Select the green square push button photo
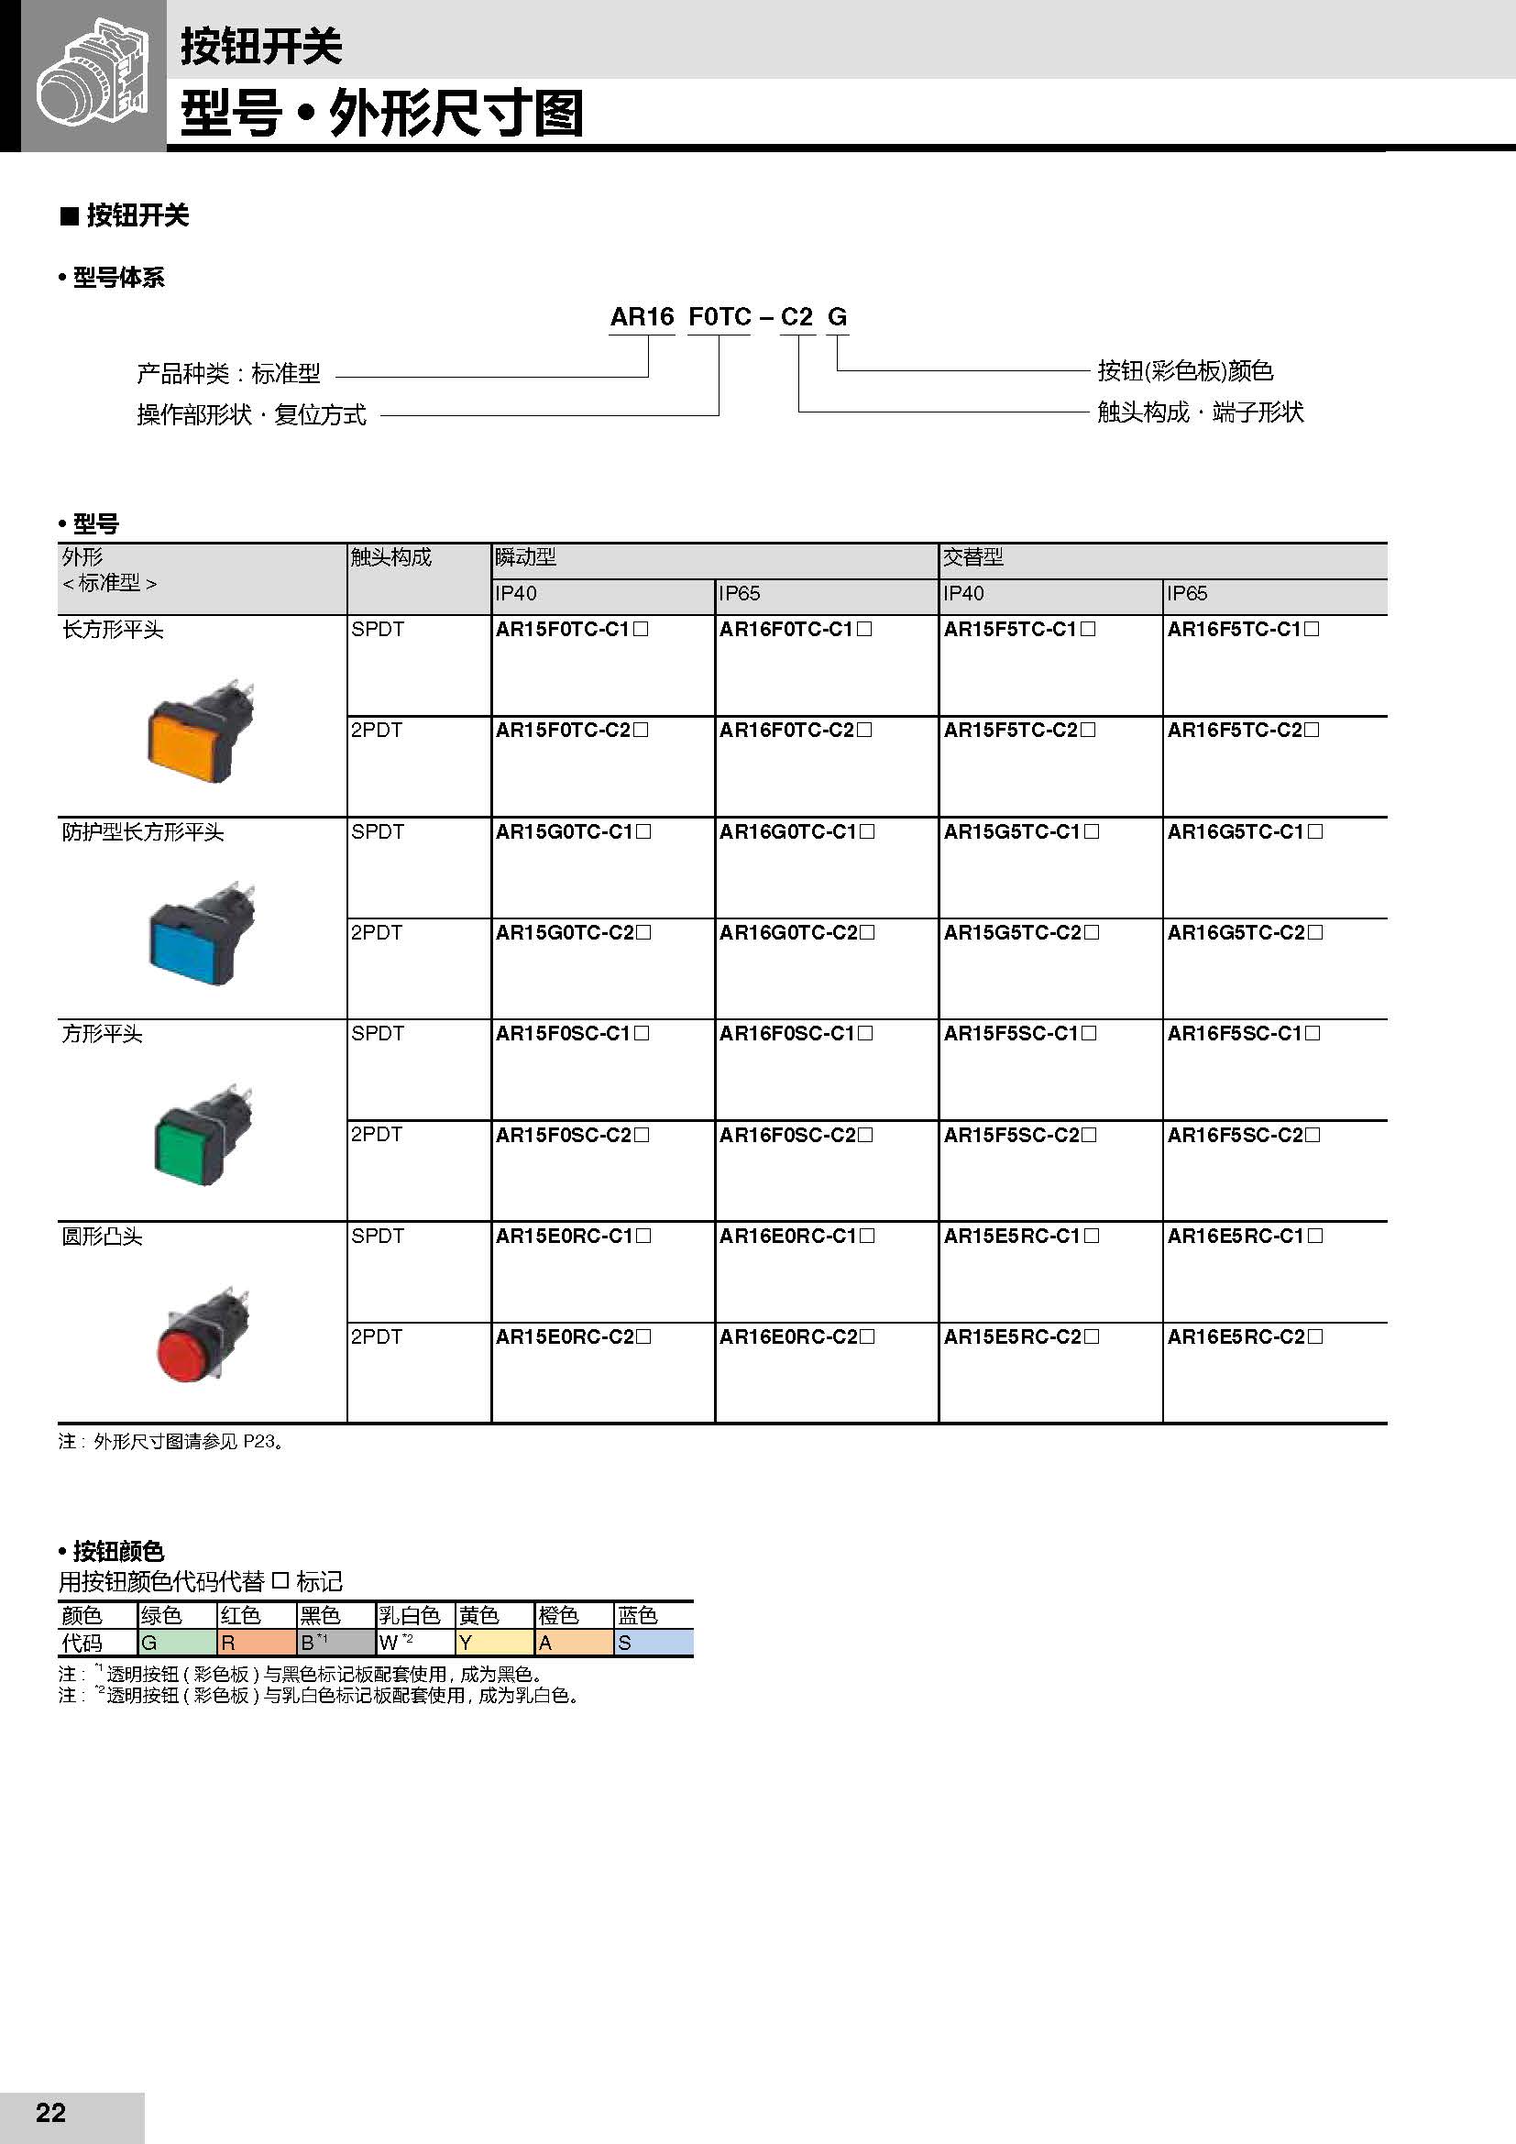pos(202,1137)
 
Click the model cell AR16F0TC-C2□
pos(796,731)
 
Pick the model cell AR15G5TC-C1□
pos(1020,832)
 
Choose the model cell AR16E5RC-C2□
pos(1245,1337)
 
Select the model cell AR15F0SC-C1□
pos(572,1034)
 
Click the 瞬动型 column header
pos(526,558)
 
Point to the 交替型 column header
pos(972,558)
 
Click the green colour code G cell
pos(175,1643)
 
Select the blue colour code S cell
pos(653,1643)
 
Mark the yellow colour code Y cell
pos(494,1643)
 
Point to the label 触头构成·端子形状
pos(1200,412)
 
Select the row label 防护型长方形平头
pos(143,832)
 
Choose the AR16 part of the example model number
pos(642,317)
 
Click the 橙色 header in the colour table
pos(558,1615)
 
